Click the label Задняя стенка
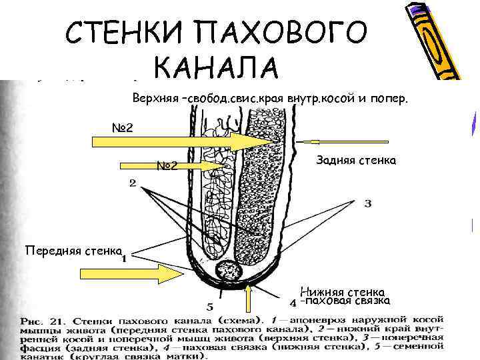[356, 161]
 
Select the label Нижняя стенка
[342, 292]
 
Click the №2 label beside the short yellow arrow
[167, 165]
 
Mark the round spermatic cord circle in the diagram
[231, 272]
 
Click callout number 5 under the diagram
[211, 307]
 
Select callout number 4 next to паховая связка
[293, 303]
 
